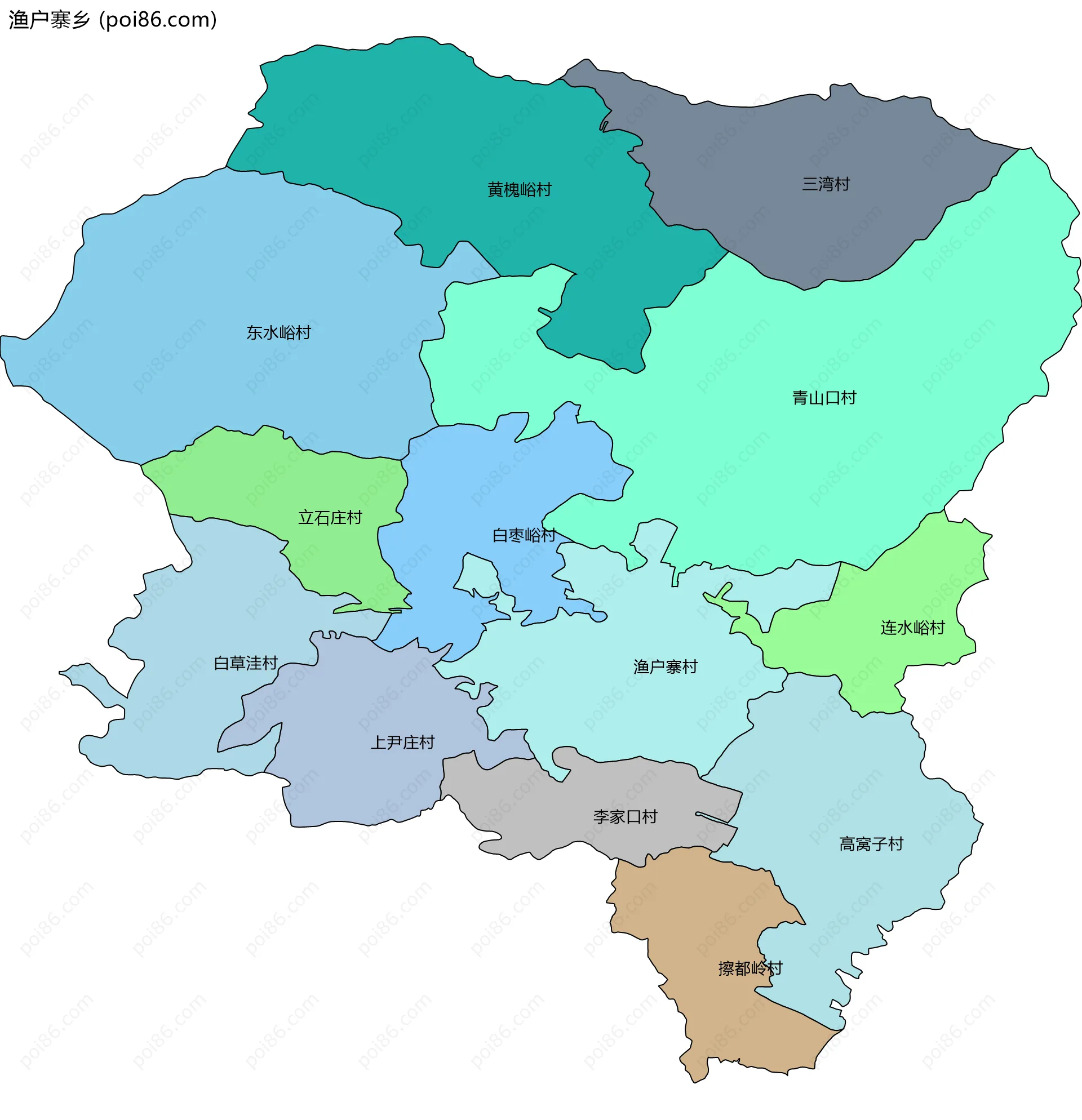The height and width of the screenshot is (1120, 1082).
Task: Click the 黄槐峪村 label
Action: pyautogui.click(x=519, y=190)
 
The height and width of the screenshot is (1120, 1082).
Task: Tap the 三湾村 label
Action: pyautogui.click(x=826, y=184)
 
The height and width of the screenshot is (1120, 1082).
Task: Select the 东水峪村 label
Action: pyautogui.click(x=278, y=332)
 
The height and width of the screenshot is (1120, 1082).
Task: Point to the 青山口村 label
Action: pyautogui.click(x=824, y=398)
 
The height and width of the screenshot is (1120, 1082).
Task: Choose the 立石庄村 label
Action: pyautogui.click(x=330, y=518)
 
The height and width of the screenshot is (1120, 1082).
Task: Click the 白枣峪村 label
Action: pyautogui.click(x=524, y=535)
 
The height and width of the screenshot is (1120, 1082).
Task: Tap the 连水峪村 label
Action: pyautogui.click(x=912, y=628)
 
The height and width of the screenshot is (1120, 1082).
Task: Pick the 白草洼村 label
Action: pyautogui.click(x=245, y=663)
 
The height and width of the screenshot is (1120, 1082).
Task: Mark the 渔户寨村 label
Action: pyautogui.click(x=665, y=666)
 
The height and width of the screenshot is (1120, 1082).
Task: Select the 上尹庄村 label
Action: pyautogui.click(x=402, y=743)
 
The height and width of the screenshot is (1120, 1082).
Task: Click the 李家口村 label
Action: pyautogui.click(x=625, y=816)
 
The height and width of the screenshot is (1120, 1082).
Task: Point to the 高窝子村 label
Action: pyautogui.click(x=871, y=844)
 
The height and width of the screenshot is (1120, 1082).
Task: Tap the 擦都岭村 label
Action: pyautogui.click(x=750, y=968)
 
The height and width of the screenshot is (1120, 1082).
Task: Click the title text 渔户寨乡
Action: pyautogui.click(x=49, y=20)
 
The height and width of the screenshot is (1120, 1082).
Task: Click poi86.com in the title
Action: pyautogui.click(x=158, y=20)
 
